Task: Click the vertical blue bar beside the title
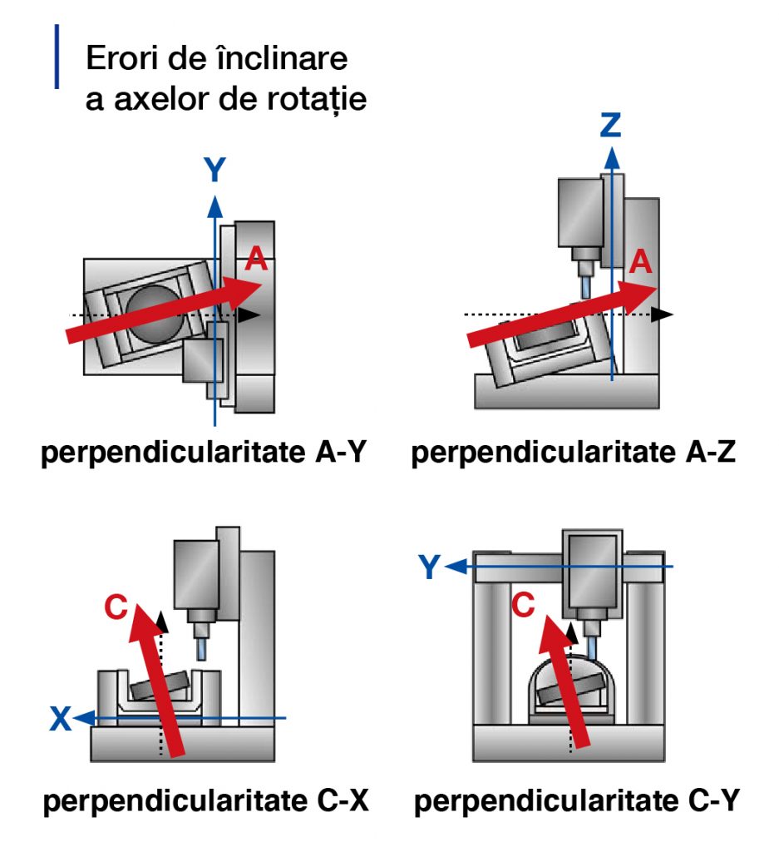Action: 57,57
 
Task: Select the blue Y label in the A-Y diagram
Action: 215,170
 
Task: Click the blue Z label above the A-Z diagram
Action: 611,125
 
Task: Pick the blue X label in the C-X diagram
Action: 60,718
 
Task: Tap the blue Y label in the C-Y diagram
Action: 429,567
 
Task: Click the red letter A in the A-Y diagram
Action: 257,260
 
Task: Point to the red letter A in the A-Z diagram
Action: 640,262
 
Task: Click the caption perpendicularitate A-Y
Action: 205,453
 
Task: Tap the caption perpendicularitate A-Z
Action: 574,453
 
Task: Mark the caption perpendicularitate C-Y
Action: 575,802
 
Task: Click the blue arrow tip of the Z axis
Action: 612,154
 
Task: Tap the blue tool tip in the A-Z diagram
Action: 586,288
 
